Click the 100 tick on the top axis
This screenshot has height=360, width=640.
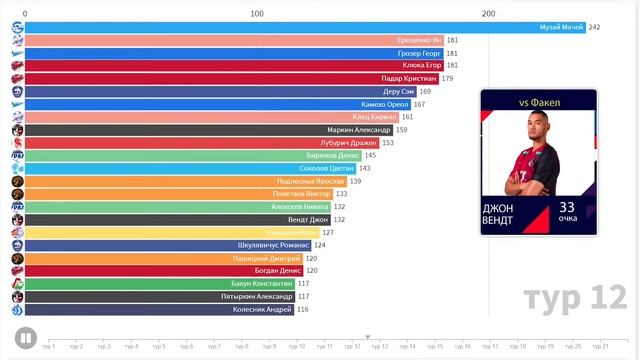point(257,13)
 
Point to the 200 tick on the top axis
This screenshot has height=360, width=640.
point(488,13)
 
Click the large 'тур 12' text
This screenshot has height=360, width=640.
point(574,298)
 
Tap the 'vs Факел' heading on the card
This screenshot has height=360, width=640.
point(540,102)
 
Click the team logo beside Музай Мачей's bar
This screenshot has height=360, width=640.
point(17,27)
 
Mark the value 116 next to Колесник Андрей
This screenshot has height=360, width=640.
point(302,309)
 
